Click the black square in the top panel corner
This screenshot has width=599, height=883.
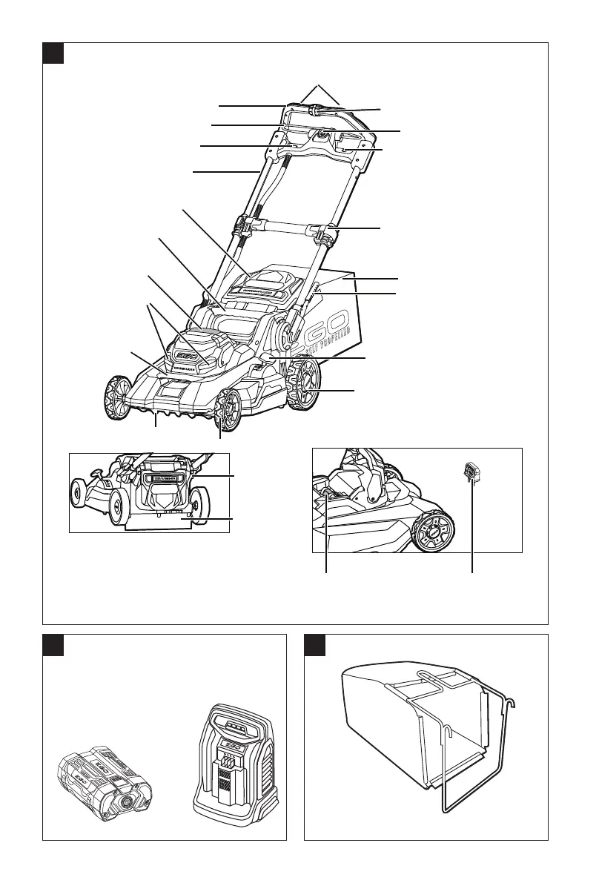tap(53, 53)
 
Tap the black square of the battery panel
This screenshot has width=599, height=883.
tap(53, 645)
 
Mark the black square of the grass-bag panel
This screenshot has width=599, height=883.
tap(316, 645)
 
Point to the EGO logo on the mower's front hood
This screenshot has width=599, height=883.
tap(193, 348)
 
